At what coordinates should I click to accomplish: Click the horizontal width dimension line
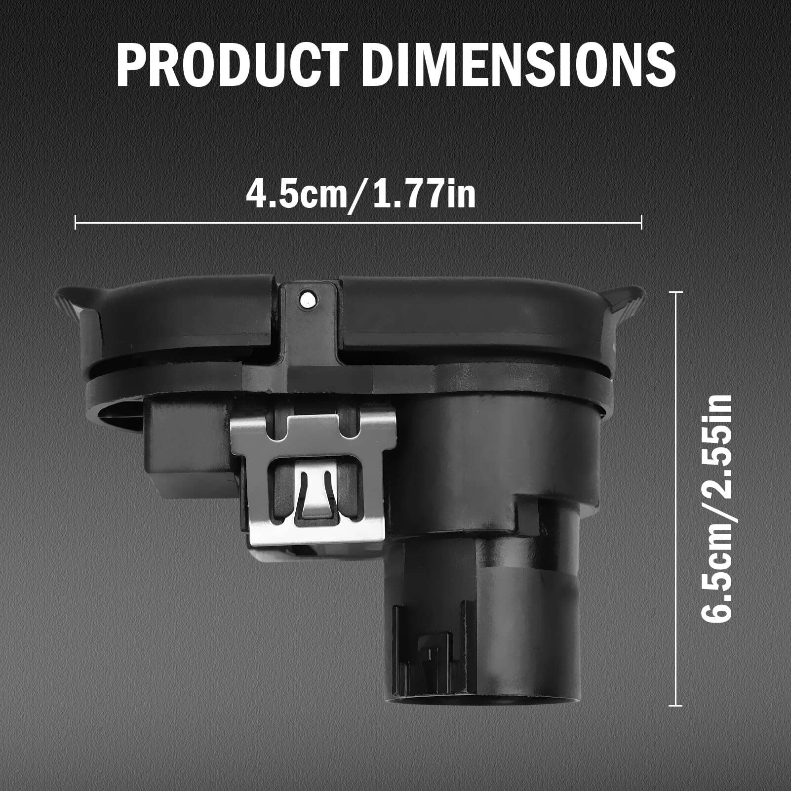point(358,222)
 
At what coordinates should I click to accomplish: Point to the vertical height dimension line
point(675,499)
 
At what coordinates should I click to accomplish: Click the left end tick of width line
point(75,222)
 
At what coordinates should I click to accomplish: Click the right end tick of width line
point(642,222)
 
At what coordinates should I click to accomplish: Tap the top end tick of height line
point(675,292)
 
